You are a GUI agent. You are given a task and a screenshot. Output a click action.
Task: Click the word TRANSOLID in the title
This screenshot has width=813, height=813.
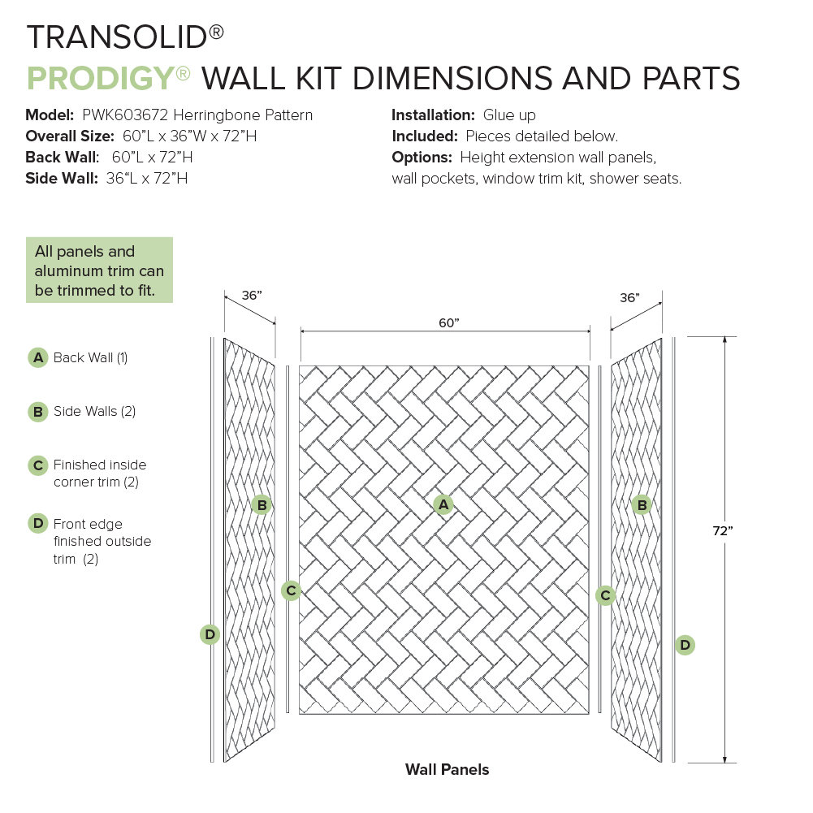118,37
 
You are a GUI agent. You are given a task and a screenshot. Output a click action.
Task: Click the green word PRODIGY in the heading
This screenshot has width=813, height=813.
101,79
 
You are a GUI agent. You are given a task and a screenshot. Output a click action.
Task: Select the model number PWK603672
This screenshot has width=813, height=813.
120,115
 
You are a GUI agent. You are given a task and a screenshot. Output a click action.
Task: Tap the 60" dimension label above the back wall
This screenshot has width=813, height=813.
448,322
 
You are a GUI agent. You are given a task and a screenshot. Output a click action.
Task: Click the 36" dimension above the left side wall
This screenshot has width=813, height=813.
252,296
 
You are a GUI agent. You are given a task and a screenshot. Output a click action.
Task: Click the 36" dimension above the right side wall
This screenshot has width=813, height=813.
629,298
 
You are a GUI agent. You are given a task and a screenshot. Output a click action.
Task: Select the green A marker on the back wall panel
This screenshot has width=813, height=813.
443,505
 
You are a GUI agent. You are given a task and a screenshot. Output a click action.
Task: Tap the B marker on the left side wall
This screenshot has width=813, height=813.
262,505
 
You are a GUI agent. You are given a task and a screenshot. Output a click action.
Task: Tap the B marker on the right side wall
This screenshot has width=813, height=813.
642,505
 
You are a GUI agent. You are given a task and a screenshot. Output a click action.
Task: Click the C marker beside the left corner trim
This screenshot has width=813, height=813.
291,590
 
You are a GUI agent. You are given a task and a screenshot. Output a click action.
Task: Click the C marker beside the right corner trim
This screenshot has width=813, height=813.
605,595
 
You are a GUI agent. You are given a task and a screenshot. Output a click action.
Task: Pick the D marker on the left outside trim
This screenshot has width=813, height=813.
210,634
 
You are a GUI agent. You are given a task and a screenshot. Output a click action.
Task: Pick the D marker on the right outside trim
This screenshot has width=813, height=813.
685,645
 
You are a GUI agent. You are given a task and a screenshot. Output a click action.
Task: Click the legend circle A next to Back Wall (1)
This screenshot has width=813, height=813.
37,357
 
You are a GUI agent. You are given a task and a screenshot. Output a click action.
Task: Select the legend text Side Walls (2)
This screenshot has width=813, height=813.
94,412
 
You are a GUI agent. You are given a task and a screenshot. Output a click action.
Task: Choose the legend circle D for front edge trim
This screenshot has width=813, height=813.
37,524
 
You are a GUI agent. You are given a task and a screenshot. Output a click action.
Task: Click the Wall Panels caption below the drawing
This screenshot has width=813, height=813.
447,769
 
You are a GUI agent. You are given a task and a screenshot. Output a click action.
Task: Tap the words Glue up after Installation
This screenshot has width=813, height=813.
509,115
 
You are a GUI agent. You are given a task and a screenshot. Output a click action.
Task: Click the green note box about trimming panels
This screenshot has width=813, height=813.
99,270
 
